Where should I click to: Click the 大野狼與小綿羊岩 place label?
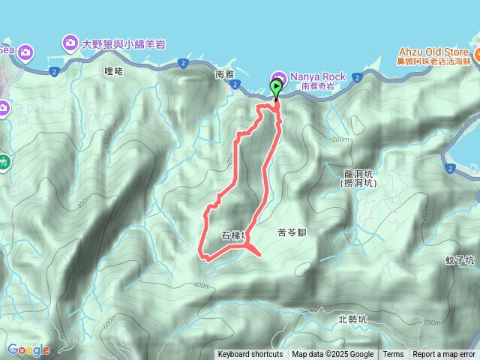(124, 44)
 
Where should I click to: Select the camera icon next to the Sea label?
(25, 52)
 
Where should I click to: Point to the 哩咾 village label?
(113, 70)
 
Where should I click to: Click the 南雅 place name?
(225, 75)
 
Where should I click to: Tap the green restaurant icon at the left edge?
(4, 160)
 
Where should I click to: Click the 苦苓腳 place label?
(292, 233)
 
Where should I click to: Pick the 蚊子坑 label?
(459, 261)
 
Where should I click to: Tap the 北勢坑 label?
(352, 319)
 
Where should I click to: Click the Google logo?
(28, 349)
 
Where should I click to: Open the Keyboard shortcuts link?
(250, 355)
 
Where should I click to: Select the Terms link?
(393, 355)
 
